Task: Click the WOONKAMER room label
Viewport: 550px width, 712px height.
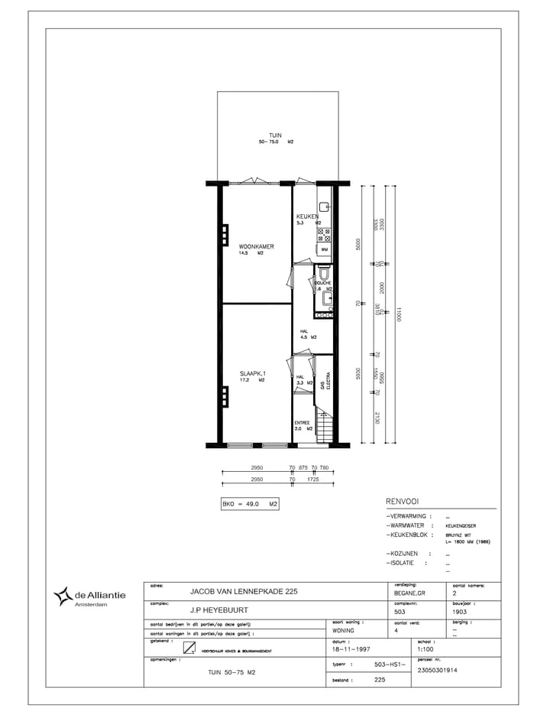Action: click(x=256, y=246)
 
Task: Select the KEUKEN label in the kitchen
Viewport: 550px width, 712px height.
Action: click(x=307, y=217)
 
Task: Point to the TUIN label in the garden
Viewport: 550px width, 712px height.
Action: click(x=275, y=135)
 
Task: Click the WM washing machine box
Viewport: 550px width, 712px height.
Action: click(x=324, y=249)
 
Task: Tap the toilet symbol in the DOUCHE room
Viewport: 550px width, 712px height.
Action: click(x=324, y=273)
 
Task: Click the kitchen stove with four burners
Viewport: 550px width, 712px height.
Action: click(x=324, y=235)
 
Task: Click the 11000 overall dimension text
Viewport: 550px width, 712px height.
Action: click(x=397, y=314)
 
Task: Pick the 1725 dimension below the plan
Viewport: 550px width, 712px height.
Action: click(x=313, y=479)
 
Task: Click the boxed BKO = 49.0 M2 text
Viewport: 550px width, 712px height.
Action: click(x=249, y=504)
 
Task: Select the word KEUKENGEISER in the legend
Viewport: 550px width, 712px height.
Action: click(x=461, y=526)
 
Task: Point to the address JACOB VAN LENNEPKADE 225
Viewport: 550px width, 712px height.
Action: click(x=238, y=591)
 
